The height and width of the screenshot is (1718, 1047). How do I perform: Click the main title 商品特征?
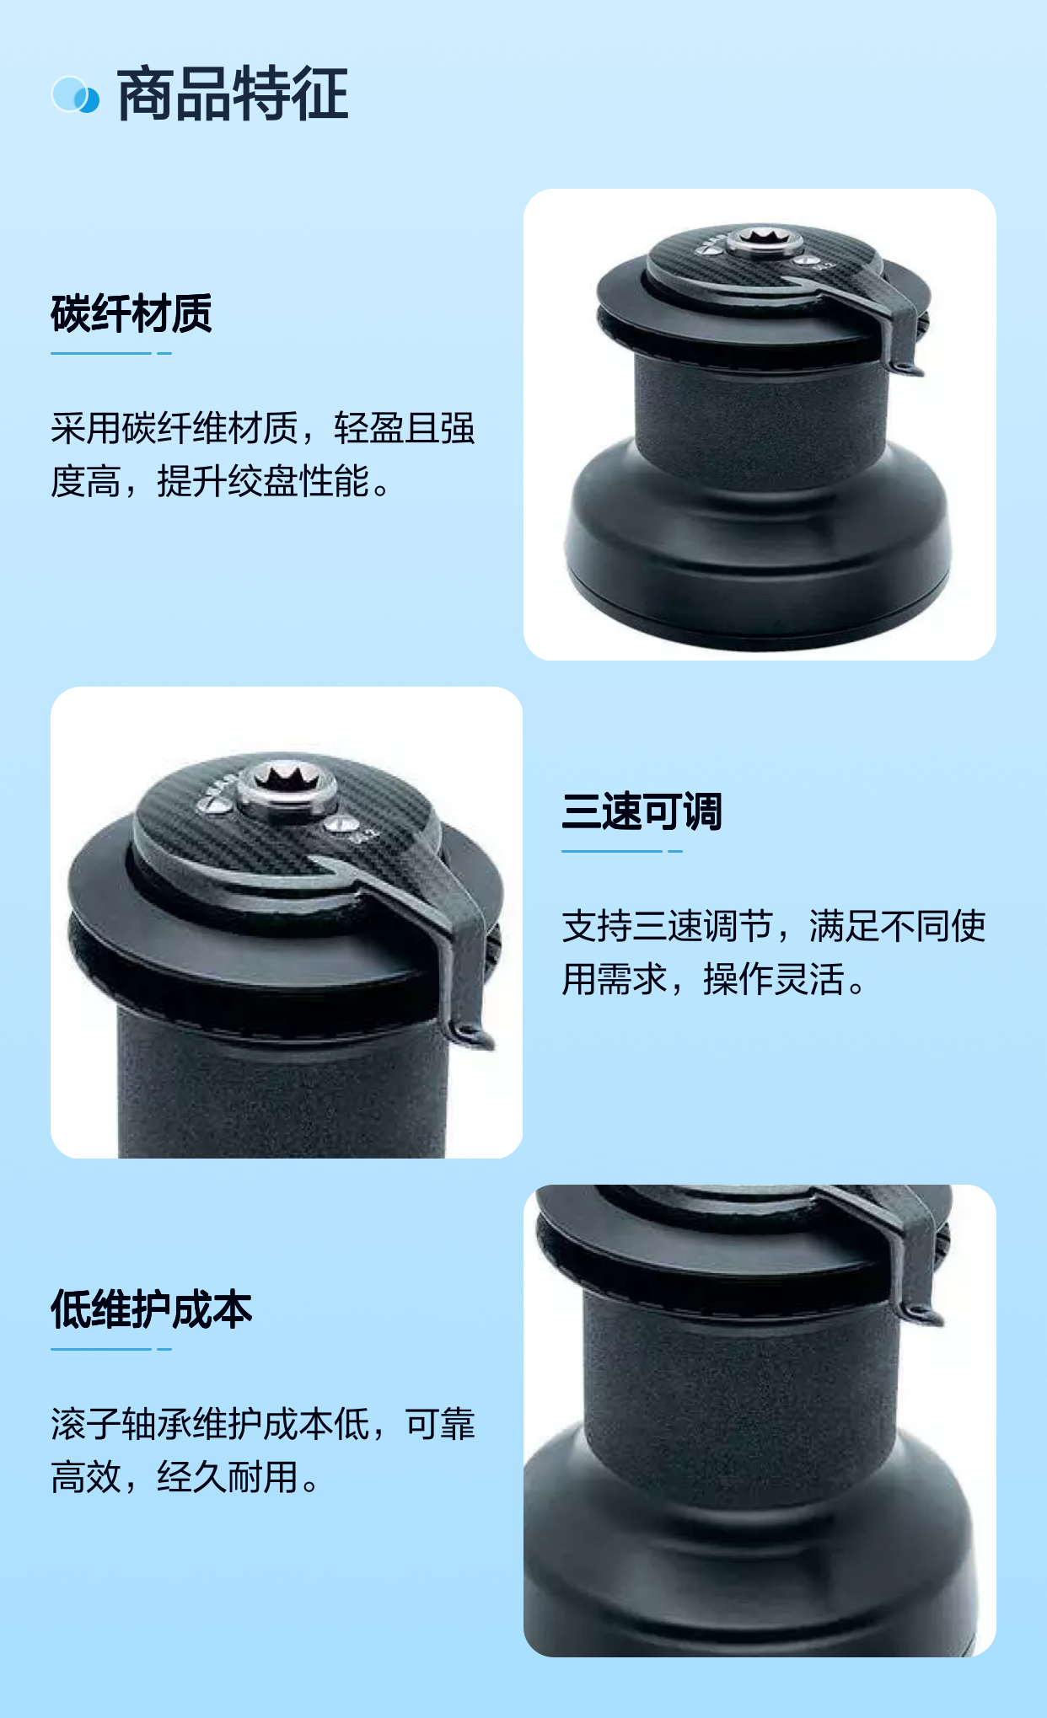tap(233, 94)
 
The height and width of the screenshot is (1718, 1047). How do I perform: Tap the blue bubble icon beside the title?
tap(76, 94)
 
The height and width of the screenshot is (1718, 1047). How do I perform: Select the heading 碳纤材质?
tap(132, 314)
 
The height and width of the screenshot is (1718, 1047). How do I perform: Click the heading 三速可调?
tap(642, 812)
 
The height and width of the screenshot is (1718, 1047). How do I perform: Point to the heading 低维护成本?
tap(152, 1310)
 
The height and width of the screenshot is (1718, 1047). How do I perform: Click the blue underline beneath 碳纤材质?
tap(111, 354)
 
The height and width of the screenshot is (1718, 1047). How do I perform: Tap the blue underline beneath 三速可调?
tap(622, 852)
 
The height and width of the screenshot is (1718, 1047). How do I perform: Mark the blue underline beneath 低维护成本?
tap(111, 1350)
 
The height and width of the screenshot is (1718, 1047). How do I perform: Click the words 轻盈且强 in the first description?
tap(405, 429)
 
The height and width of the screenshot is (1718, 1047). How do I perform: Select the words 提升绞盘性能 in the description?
tap(263, 482)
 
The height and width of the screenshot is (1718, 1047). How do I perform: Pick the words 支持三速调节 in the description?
tap(668, 927)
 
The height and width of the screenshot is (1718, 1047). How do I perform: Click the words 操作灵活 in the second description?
tap(774, 980)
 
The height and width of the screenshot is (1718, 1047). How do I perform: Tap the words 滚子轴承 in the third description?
tap(121, 1425)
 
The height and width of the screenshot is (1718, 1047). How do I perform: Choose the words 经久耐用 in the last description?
tap(228, 1478)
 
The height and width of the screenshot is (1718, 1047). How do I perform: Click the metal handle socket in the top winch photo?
tap(764, 241)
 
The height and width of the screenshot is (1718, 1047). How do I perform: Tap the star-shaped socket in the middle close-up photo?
tap(287, 784)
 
